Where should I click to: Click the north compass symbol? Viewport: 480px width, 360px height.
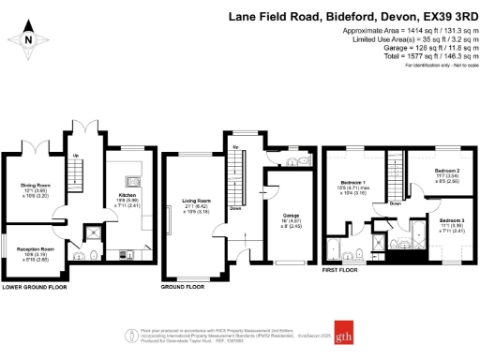(28, 38)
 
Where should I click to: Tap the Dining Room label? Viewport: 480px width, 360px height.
(35, 186)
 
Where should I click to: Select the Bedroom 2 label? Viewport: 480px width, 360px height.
(448, 172)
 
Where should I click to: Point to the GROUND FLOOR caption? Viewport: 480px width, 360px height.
(182, 288)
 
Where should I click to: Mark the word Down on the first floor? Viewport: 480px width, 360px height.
(396, 202)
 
